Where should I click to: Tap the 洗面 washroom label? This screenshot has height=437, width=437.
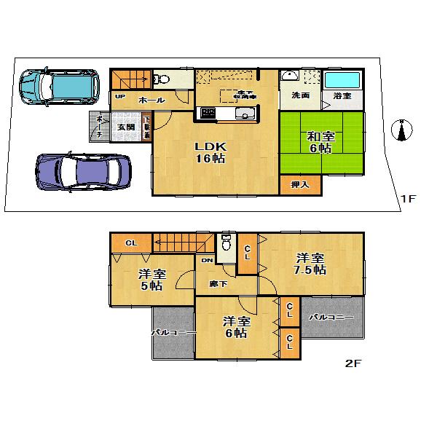pos(300,96)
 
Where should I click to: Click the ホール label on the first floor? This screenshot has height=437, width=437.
pos(151,100)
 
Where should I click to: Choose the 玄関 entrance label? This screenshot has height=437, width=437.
pos(125,127)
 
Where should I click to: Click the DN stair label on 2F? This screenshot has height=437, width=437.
pos(207,260)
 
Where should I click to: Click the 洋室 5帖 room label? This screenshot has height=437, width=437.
pos(152,280)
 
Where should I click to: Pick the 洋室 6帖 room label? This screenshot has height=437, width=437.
pos(237,327)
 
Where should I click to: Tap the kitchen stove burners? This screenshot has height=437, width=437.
pos(207,113)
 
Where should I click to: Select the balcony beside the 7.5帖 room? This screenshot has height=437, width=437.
pos(331,318)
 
